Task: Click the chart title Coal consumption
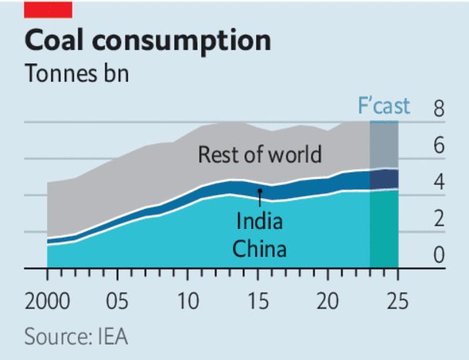click(x=147, y=41)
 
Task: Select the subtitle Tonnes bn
click(x=76, y=75)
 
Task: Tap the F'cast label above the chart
click(x=384, y=106)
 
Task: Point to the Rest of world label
click(x=259, y=155)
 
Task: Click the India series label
click(x=258, y=223)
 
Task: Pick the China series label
click(x=260, y=248)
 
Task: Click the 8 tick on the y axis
click(x=439, y=109)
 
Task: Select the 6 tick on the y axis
click(x=439, y=146)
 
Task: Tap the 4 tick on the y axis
click(x=439, y=183)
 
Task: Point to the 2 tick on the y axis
click(x=439, y=220)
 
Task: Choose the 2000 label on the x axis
click(x=47, y=298)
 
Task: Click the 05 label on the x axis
click(x=117, y=298)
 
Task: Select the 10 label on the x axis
click(x=187, y=298)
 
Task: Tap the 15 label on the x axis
click(x=258, y=298)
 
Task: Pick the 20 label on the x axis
click(x=328, y=298)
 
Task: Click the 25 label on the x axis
click(x=398, y=298)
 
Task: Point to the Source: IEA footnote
click(x=76, y=337)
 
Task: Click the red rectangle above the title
click(x=48, y=9)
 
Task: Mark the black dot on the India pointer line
click(x=260, y=190)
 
